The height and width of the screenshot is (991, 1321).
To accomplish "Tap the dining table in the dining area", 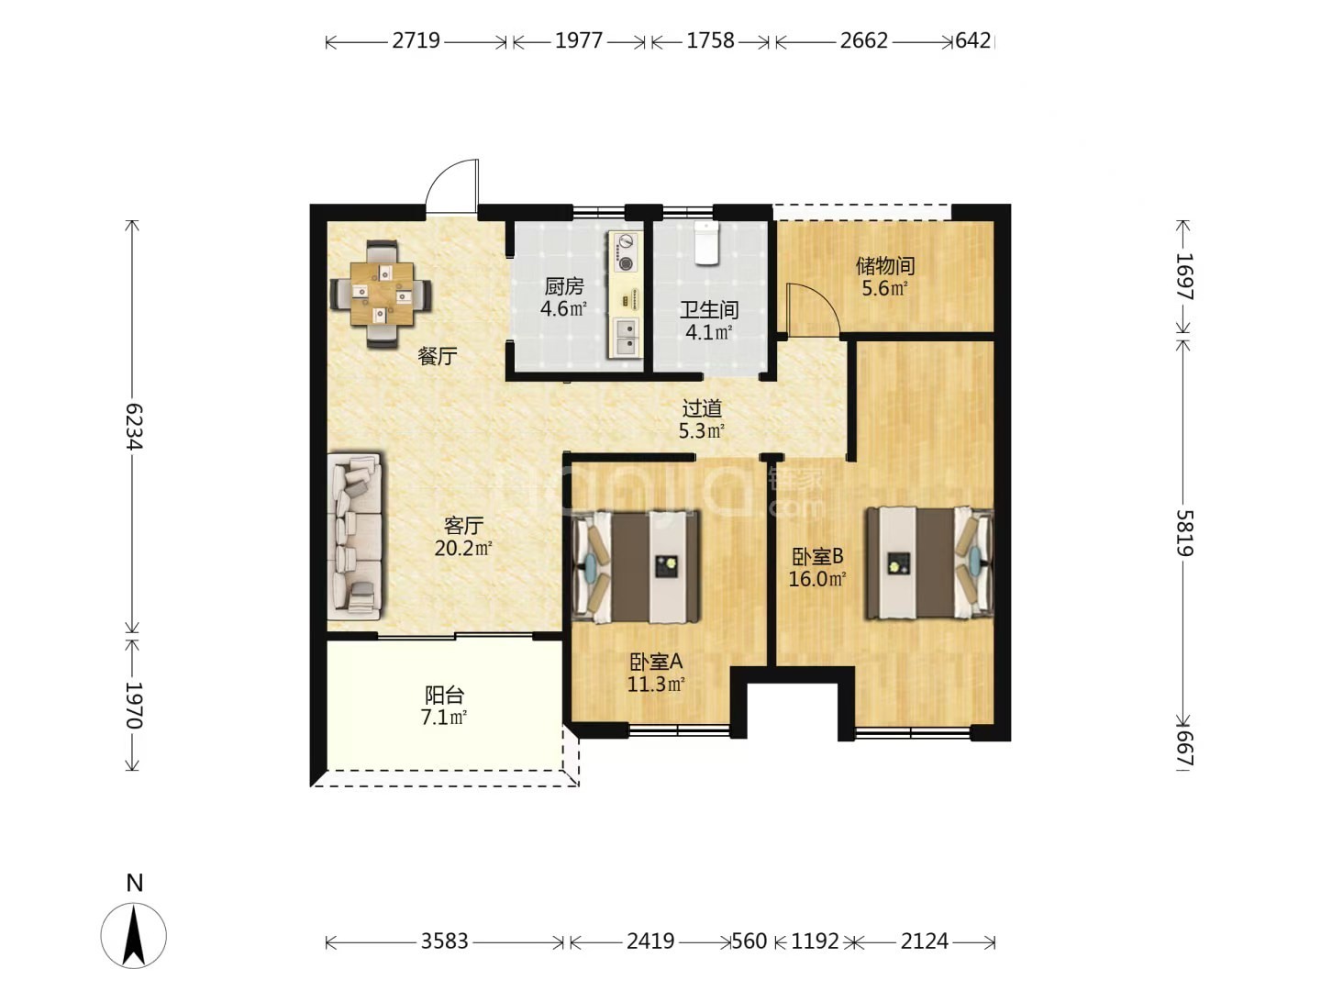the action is pos(383,294).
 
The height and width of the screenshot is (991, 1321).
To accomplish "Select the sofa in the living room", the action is pos(354,536).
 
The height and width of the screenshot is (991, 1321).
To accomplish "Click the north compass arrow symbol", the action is pos(134,936).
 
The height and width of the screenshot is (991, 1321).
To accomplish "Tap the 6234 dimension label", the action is pos(134,426).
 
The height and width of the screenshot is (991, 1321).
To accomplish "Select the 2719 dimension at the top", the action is pos(416,40).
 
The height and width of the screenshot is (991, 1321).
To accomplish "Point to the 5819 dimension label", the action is pos(1183,532).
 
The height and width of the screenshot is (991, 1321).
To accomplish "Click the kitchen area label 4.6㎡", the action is pos(563,308).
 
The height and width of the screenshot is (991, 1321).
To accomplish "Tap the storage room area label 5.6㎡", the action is pos(884,288).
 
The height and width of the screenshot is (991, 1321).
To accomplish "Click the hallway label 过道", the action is pos(702,408).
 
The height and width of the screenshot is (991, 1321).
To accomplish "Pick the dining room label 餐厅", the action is pos(438,356).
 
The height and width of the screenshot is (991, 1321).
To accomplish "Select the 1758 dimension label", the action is pos(710,40).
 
